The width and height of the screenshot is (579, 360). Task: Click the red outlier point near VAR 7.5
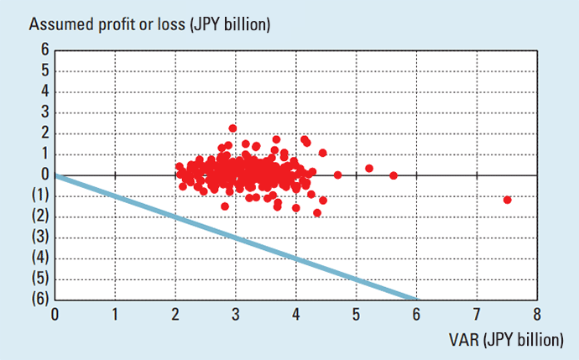point(507,200)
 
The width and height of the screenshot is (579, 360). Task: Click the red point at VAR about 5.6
point(394,175)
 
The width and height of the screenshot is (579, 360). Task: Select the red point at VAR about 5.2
point(368,168)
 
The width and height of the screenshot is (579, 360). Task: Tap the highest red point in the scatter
point(232,128)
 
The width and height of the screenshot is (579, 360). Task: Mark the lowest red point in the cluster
point(317,212)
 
